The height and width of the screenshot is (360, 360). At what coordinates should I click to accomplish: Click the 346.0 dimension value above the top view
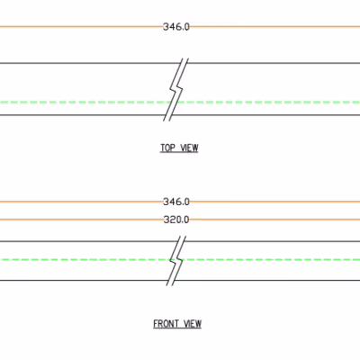(176, 27)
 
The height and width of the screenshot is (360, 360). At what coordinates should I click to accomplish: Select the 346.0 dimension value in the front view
(176, 202)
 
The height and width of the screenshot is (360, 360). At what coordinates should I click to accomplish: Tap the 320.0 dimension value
(176, 220)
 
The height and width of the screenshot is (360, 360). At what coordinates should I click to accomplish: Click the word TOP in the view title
(167, 148)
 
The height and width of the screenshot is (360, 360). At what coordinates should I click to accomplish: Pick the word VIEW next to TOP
(189, 148)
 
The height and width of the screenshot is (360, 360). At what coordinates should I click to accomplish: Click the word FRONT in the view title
(166, 324)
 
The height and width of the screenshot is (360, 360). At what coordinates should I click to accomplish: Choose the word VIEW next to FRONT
(193, 324)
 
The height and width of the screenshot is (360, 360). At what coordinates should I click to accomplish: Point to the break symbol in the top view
(176, 90)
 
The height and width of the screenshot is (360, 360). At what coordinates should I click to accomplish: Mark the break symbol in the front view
(176, 260)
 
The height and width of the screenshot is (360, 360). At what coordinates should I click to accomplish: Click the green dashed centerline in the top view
(180, 103)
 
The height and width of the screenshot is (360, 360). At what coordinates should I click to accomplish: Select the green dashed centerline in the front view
(180, 259)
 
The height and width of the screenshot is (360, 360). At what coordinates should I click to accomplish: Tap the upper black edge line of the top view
(180, 63)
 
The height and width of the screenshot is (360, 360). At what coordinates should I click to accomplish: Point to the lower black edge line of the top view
(180, 115)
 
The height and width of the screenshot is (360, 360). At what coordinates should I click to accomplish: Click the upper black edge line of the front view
(180, 241)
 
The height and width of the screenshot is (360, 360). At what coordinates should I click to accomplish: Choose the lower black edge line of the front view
(180, 281)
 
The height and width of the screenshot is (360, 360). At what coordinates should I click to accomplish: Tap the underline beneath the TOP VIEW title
(179, 153)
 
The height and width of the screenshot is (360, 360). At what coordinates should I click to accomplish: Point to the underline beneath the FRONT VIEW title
(177, 328)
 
